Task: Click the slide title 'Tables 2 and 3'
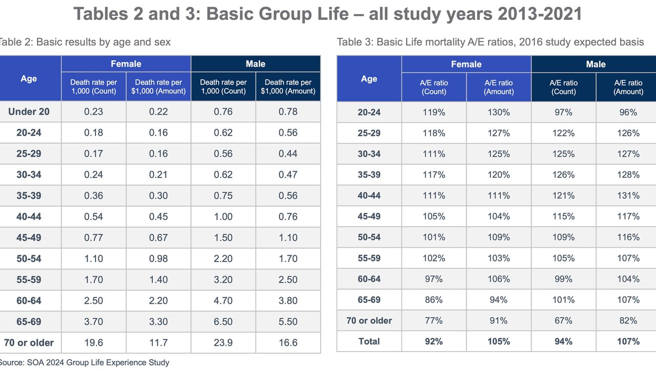coord(328,14)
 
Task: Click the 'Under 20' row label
coord(29,112)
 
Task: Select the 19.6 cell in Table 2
coord(93,343)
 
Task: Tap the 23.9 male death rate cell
coord(223,343)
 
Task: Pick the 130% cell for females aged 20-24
coord(499,112)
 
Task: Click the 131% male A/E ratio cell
coord(628,196)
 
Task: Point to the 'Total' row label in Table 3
coord(369,341)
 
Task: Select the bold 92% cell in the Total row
coord(434,341)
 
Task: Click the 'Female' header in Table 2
coord(126,64)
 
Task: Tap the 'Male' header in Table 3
coord(596,64)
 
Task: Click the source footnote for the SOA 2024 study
coord(85,362)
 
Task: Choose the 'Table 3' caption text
coord(490,42)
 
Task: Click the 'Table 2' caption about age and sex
coord(85,42)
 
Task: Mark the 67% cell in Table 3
coord(563,321)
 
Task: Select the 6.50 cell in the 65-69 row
coord(223,322)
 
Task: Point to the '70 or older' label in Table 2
coord(29,343)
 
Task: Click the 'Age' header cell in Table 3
coord(369,79)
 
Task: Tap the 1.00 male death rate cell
coord(223,217)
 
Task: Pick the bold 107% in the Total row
coord(628,341)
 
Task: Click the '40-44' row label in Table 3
coord(369,196)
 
